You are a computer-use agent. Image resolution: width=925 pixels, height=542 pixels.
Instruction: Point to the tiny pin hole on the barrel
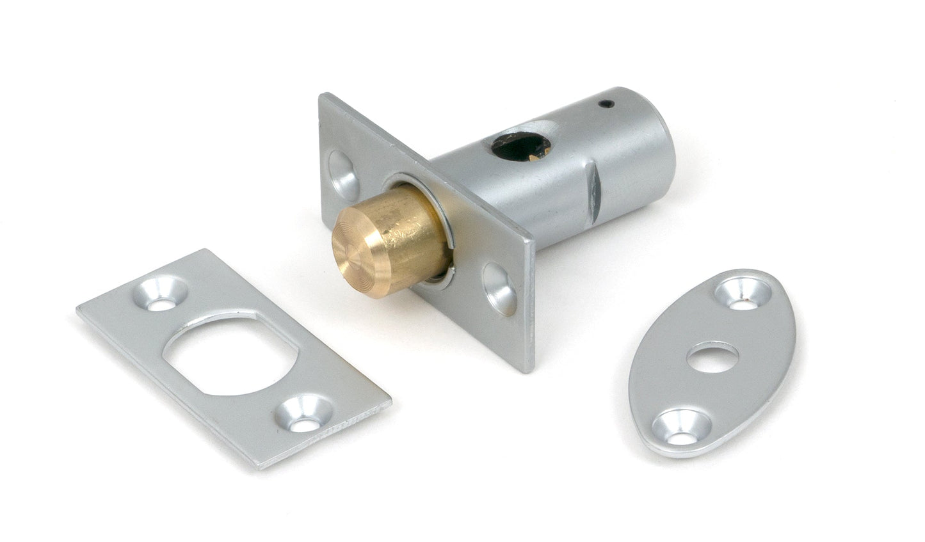point(606,102)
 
